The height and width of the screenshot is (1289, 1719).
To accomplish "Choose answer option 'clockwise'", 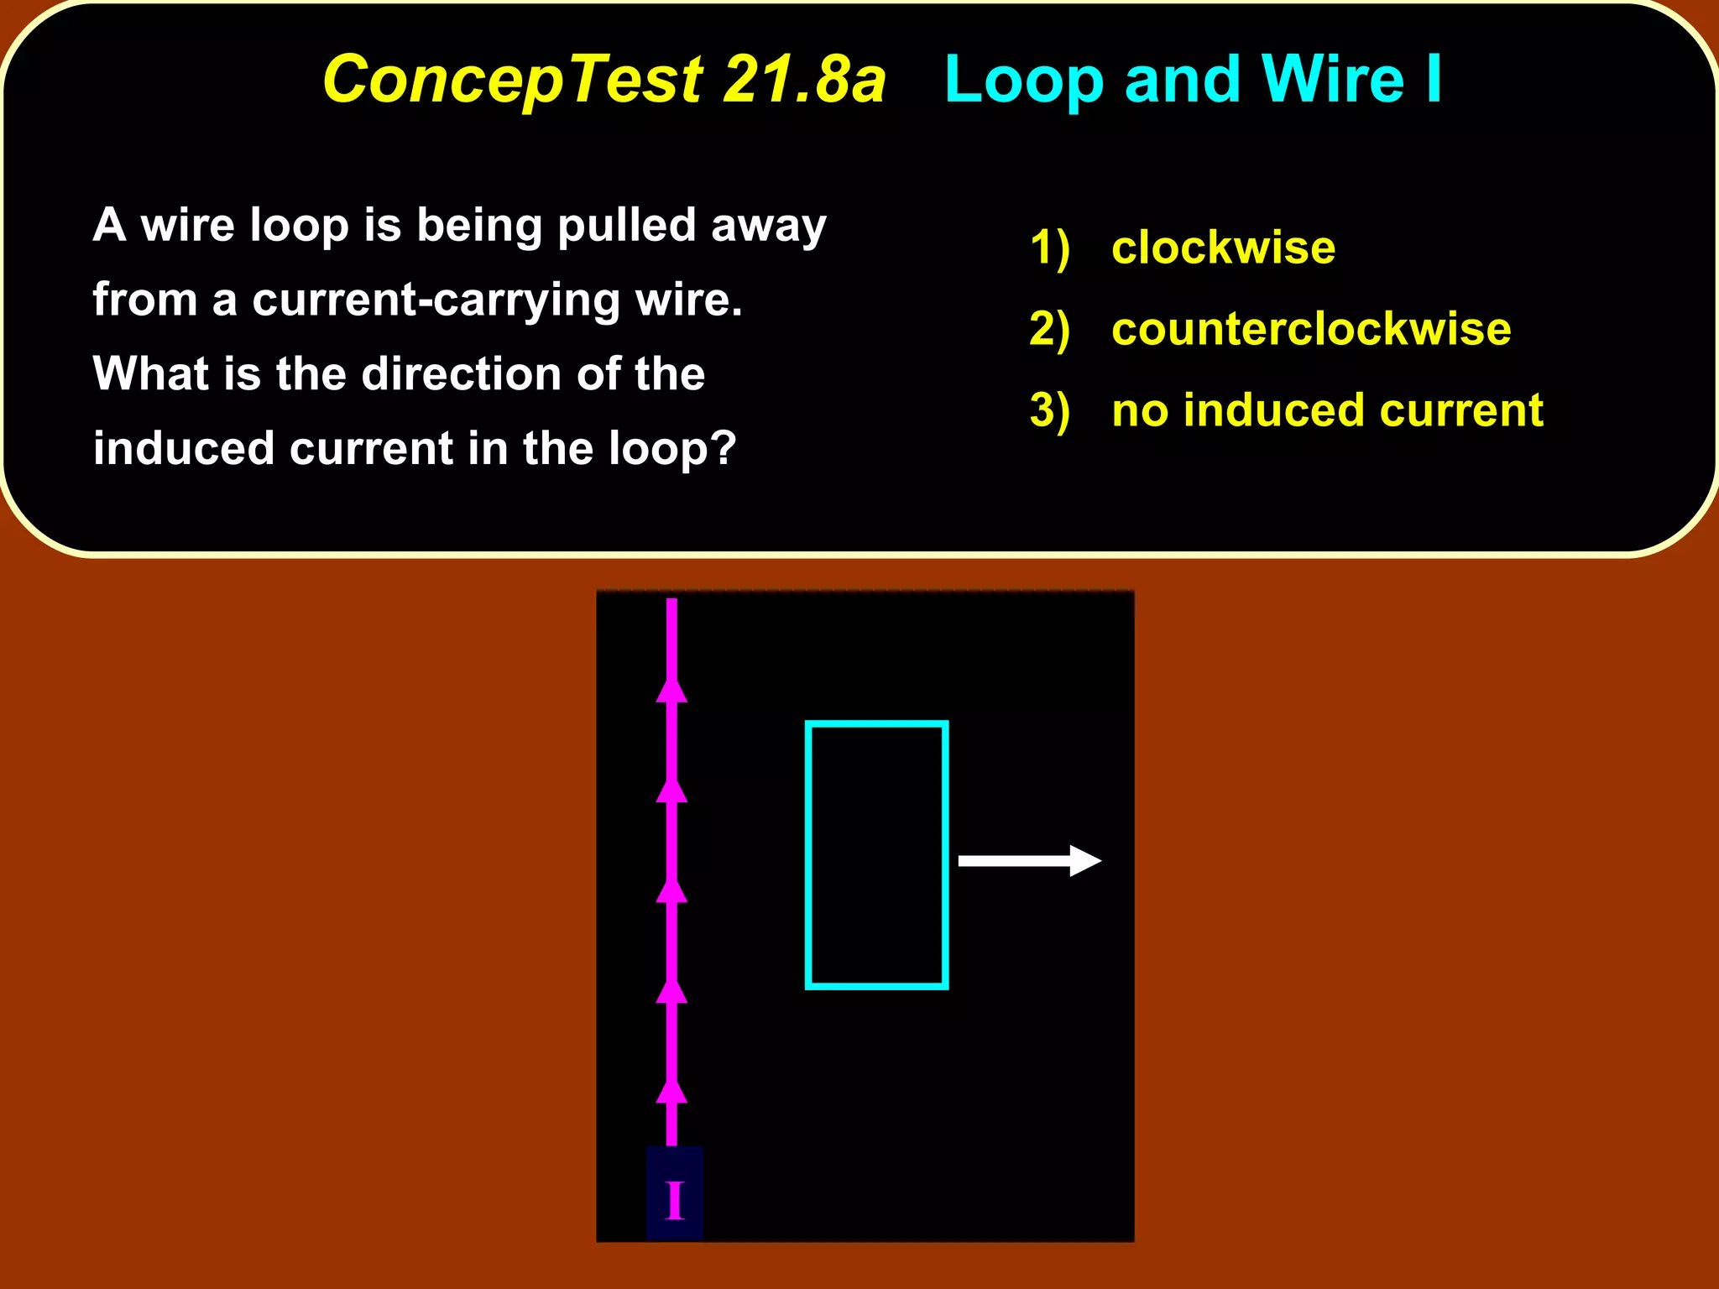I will (x=1223, y=248).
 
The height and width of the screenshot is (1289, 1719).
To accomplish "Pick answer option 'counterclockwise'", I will (x=1311, y=329).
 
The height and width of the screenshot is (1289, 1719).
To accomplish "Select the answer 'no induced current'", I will (x=1327, y=410).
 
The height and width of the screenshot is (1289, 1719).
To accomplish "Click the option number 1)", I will (x=1049, y=248).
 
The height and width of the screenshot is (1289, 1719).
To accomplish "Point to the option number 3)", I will (x=1049, y=411).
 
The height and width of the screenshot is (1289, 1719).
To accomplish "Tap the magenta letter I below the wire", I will (x=675, y=1200).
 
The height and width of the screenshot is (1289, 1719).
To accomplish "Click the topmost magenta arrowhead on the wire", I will (x=671, y=688).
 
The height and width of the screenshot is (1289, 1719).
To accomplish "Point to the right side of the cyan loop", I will (x=945, y=855).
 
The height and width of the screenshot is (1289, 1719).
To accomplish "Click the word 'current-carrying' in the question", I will (x=436, y=300).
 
